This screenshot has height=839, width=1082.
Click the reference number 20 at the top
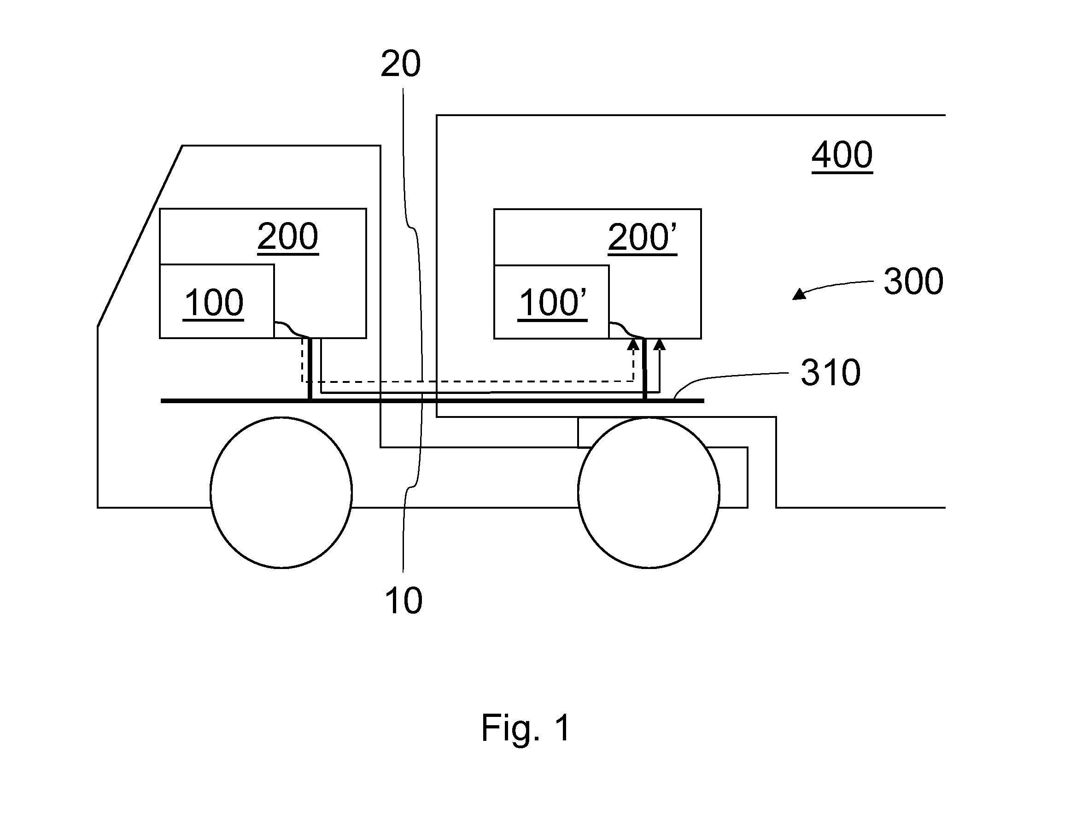point(401,64)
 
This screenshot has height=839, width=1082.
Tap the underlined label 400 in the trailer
point(842,156)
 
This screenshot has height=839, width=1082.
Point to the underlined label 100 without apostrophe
point(214,303)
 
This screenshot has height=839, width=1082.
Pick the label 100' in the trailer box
point(553,303)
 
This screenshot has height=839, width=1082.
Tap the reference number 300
point(913,282)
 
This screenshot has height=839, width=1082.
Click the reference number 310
point(831,373)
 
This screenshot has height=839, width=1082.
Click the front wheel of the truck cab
point(281,493)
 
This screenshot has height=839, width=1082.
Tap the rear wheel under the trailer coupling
point(649,493)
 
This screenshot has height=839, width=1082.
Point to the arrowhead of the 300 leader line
point(799,294)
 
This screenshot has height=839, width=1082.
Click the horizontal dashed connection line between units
point(468,381)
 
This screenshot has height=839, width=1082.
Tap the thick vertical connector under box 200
point(310,369)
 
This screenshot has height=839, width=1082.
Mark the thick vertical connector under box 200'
point(644,370)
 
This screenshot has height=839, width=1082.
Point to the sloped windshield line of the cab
point(140,236)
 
